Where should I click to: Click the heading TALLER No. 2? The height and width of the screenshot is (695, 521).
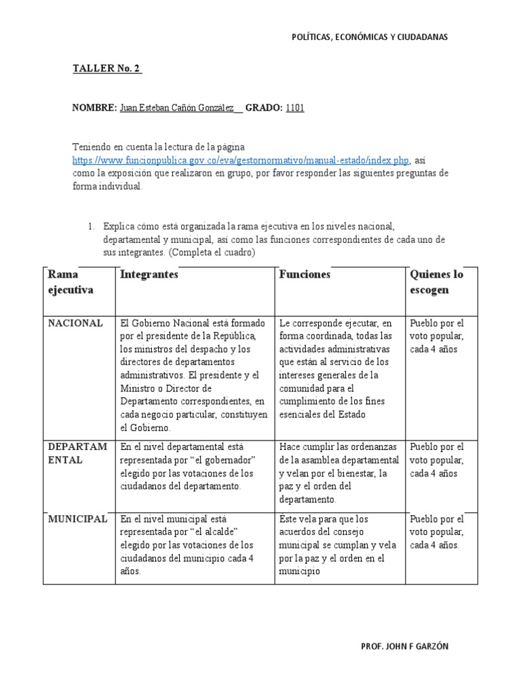click(107, 69)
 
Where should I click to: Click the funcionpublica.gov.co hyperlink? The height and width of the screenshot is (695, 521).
click(241, 161)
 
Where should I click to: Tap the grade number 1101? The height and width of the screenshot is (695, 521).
click(295, 108)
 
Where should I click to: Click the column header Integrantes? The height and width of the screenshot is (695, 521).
click(149, 275)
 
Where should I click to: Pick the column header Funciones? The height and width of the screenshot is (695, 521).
click(305, 275)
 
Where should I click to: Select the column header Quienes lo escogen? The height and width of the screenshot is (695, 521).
click(437, 282)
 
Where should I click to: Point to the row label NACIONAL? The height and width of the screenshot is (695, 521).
click(75, 323)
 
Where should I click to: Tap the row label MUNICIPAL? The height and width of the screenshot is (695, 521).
click(77, 519)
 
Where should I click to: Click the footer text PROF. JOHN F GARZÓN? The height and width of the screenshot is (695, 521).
click(405, 646)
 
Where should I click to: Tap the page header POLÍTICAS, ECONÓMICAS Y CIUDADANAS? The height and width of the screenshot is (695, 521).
click(369, 37)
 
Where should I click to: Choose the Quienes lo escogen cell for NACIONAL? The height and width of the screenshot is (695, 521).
click(437, 336)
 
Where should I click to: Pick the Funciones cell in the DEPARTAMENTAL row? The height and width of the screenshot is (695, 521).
click(338, 473)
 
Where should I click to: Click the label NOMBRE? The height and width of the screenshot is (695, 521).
click(94, 108)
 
